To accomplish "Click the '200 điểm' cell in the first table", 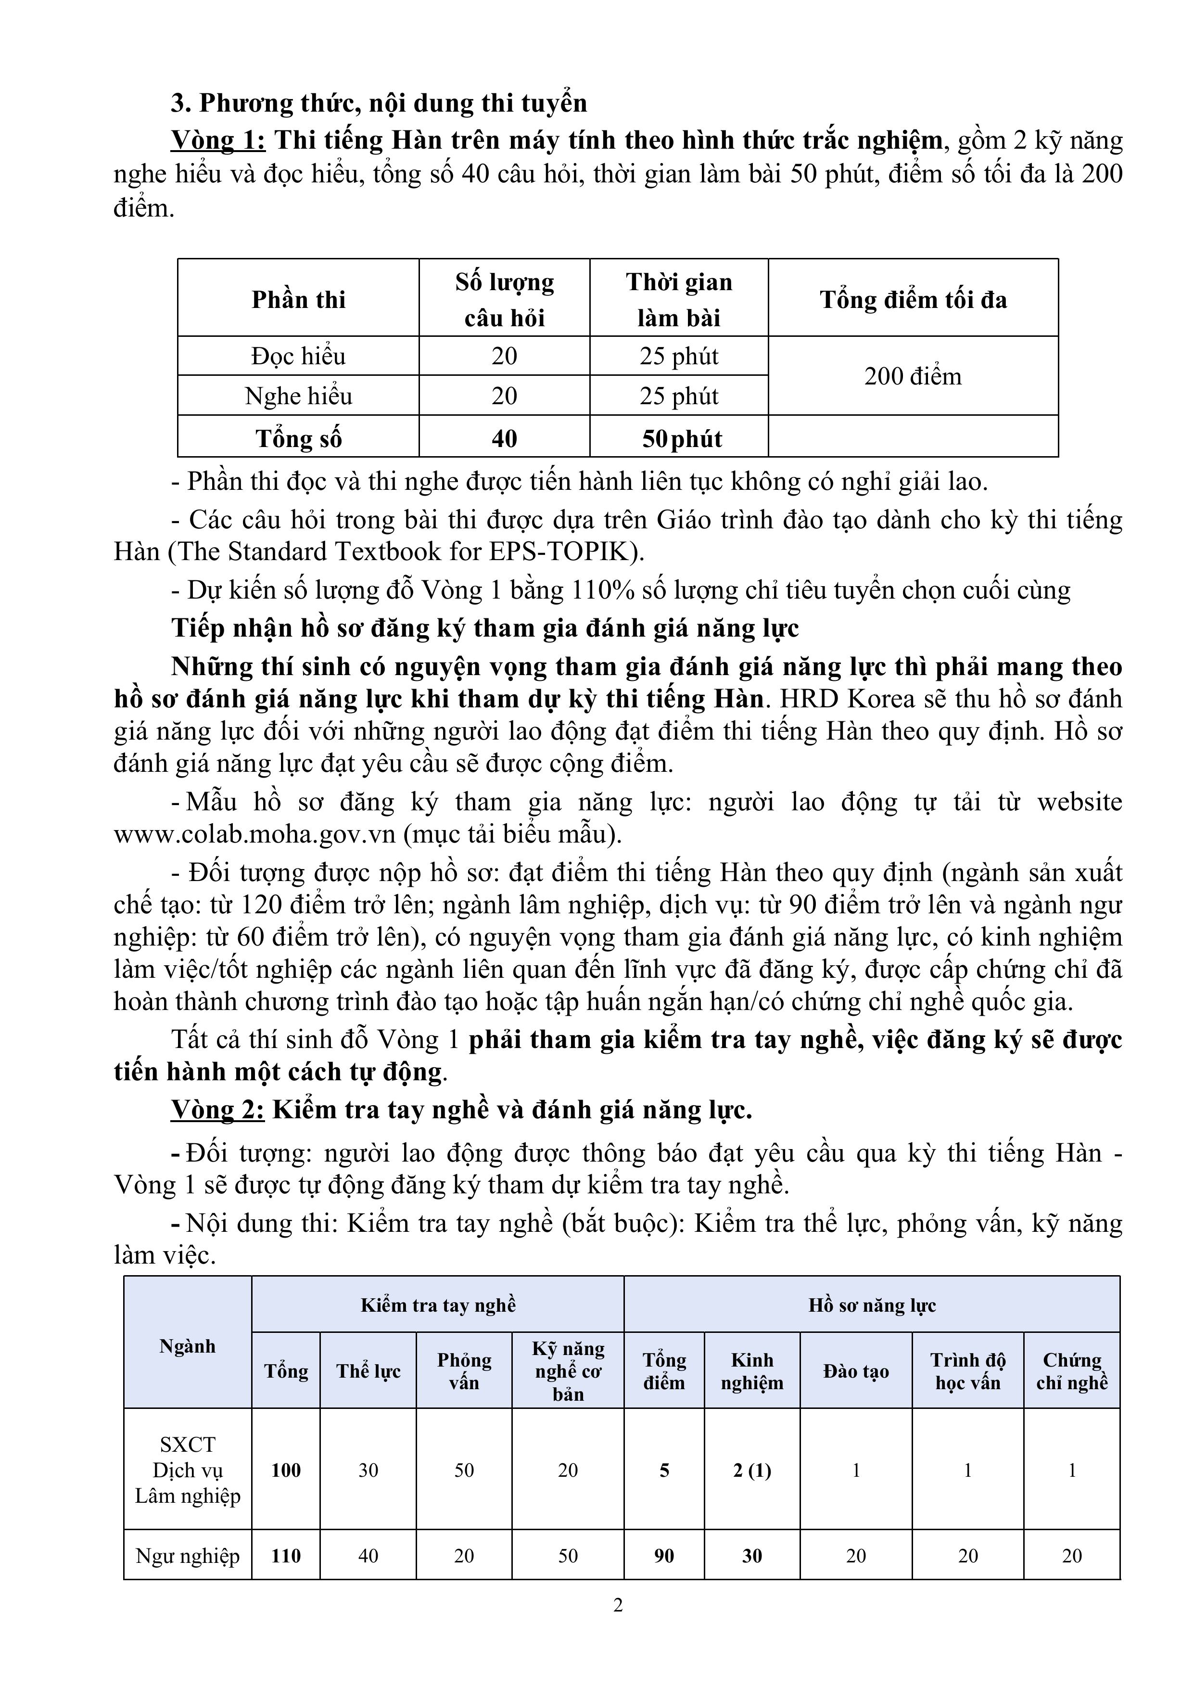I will pos(913,376).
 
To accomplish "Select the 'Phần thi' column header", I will pos(298,299).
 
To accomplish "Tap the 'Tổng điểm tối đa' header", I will pos(913,299).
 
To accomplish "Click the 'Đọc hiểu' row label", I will pos(298,357).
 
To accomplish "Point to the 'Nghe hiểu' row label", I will pos(298,396).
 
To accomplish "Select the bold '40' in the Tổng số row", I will pos(504,439).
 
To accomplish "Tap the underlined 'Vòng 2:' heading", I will pos(217,1110).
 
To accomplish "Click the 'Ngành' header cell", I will pos(188,1346).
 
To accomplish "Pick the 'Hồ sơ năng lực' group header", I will pos(872,1306).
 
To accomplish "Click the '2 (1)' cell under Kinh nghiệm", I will pos(751,1471).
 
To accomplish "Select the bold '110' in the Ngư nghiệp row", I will pos(286,1556).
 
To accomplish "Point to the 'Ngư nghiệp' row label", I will pos(188,1556).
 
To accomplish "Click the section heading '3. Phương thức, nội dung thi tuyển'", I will pos(380,103).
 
